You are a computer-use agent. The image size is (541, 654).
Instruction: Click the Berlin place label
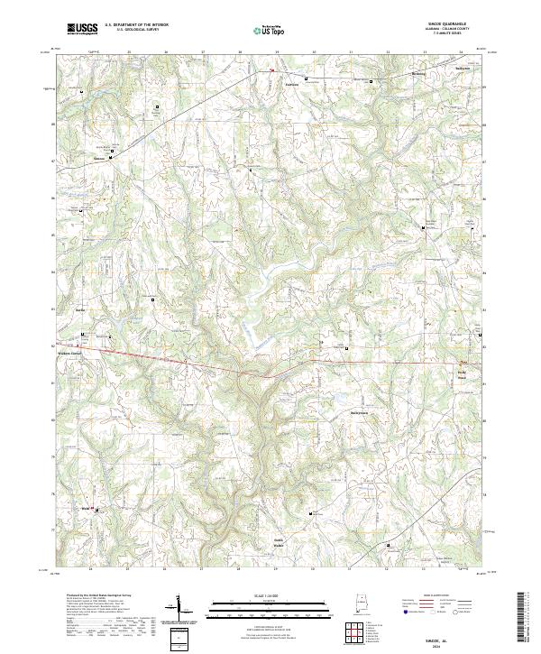coord(79,309)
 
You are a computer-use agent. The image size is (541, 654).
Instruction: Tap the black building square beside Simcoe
coord(110,158)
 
